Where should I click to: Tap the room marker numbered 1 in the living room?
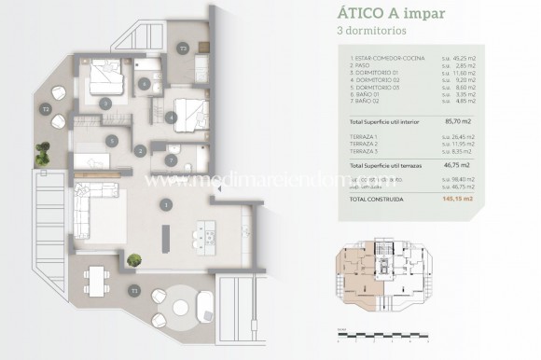click(x=166, y=203)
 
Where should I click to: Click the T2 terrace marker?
click(x=45, y=110)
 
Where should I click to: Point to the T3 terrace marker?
click(x=184, y=47)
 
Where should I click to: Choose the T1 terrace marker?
click(x=134, y=290)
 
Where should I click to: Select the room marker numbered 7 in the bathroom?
click(x=171, y=159)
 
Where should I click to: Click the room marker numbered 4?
click(x=172, y=118)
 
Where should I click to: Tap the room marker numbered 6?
click(x=144, y=84)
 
